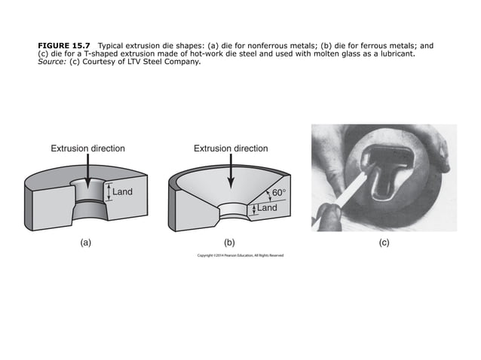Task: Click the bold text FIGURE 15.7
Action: tap(63, 46)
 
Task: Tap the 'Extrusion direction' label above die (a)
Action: tap(87, 148)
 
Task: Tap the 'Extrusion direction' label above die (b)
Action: tap(230, 148)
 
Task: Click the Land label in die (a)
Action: tap(122, 192)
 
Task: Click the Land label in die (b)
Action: tap(267, 208)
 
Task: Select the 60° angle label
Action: tap(278, 194)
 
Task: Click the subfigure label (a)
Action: tap(86, 243)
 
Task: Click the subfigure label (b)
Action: tap(230, 243)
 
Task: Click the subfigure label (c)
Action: tap(384, 243)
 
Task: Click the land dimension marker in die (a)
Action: tap(108, 192)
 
